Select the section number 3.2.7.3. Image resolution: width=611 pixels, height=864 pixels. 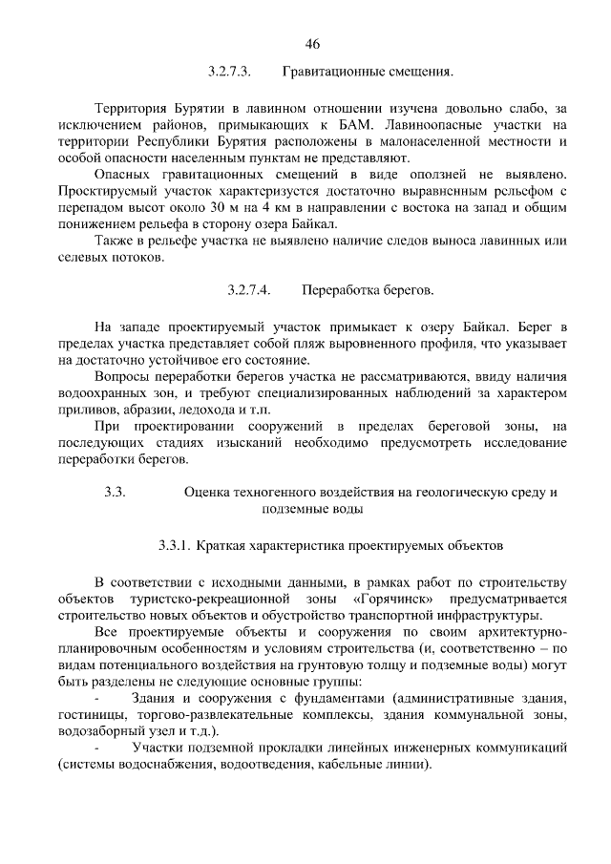click(x=228, y=72)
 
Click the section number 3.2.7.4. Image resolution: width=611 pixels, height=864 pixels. click(x=250, y=287)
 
